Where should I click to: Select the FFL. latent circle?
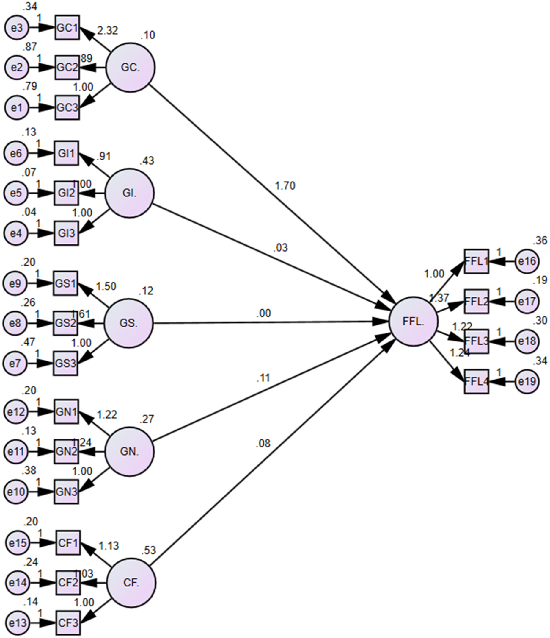pos(413,322)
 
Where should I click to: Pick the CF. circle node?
pos(131,583)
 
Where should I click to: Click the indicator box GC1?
pos(67,28)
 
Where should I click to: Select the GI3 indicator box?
pos(66,233)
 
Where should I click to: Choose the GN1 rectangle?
pos(66,412)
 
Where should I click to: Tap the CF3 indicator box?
pos(68,623)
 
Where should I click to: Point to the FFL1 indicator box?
pos(476,261)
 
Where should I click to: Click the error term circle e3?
pos(17,28)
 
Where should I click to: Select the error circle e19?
pos(527,381)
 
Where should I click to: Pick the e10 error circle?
pos(16,492)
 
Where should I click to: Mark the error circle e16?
pos(527,261)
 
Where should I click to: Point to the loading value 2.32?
pos(108,31)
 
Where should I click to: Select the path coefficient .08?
pos(263,443)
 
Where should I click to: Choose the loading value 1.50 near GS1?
pos(106,286)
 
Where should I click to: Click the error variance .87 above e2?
pos(29,47)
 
